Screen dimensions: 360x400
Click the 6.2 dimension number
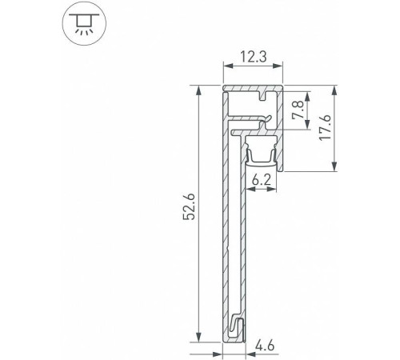coord(260,182)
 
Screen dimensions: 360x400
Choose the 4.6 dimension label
coord(266,347)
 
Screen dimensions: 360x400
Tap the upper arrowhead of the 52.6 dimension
coord(198,90)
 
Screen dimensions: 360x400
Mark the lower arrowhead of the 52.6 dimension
coord(198,339)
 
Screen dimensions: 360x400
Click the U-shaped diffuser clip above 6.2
coord(260,151)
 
